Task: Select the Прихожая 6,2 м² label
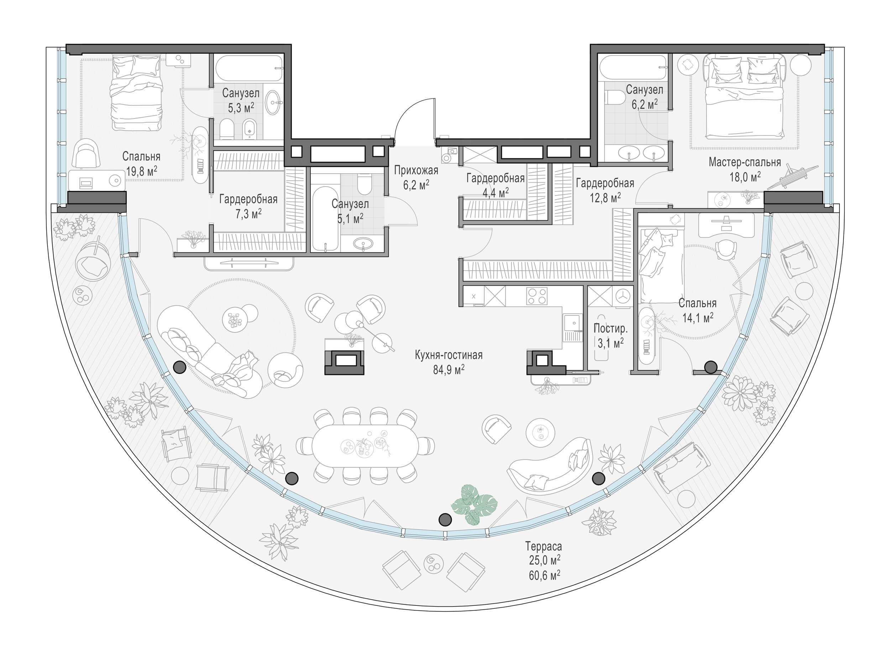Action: [416, 178]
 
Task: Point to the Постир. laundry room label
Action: [610, 328]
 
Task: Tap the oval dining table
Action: [365, 445]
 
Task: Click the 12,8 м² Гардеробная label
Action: [605, 190]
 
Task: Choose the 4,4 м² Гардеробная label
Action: [496, 185]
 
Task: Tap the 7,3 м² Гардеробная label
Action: [248, 206]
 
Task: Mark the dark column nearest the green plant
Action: [445, 519]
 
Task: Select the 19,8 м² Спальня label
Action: [141, 164]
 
